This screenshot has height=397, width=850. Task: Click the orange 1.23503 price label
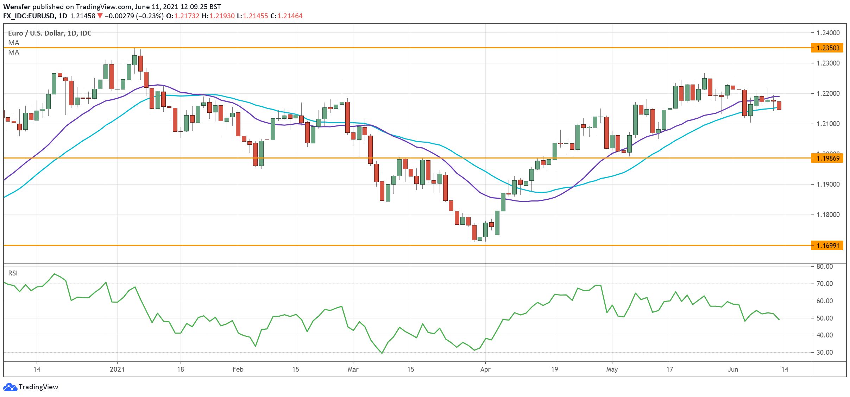point(827,48)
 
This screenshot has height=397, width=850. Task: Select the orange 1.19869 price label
point(827,158)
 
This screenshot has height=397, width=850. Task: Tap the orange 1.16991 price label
point(827,246)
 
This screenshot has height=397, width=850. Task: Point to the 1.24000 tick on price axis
point(828,33)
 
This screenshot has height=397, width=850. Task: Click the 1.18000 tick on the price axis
point(828,215)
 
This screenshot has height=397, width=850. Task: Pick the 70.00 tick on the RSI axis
point(824,284)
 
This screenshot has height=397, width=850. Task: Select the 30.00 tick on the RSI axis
point(824,352)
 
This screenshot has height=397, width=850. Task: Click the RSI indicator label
point(13,273)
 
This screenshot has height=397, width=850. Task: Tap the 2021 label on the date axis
point(117,369)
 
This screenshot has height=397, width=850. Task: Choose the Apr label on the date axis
point(485,369)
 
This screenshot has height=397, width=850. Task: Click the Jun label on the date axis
point(733,369)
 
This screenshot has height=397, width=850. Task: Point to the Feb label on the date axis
point(238,369)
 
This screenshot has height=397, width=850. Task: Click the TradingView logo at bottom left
point(31,387)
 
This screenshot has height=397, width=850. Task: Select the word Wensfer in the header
point(17,7)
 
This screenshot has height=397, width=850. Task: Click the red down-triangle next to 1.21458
point(100,16)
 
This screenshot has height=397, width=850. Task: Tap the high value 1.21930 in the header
point(222,16)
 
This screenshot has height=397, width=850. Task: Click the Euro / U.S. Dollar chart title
point(50,33)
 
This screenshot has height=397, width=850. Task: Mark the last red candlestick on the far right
point(779,106)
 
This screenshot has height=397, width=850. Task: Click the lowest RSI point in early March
point(382,353)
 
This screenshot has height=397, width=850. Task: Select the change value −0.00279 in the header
point(120,16)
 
